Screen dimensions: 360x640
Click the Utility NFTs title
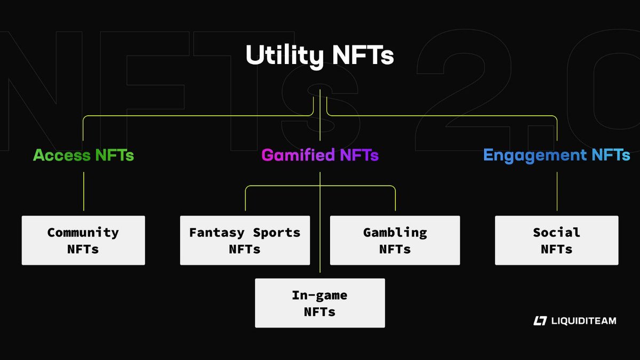319,56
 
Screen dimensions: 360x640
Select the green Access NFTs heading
83,155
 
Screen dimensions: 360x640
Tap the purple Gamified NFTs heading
320,155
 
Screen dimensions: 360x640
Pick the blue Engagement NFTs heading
556,155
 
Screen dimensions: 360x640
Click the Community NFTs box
83,241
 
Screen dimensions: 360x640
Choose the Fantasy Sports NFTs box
245,241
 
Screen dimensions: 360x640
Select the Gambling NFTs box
395,241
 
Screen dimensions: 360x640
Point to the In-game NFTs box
319,303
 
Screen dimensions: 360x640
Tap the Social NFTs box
556,241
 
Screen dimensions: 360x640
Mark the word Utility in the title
281,56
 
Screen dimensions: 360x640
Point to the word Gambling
395,233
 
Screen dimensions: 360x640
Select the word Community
83,233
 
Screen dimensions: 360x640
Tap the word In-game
319,295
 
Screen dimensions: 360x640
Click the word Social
556,233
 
